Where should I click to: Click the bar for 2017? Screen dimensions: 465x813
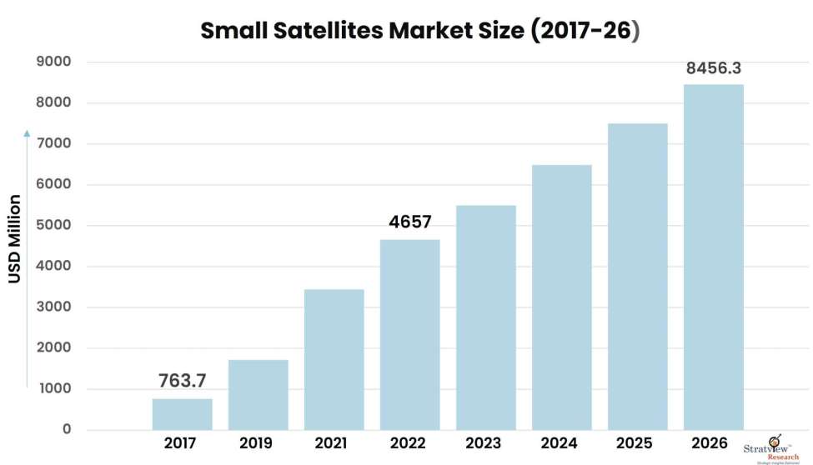pos(182,414)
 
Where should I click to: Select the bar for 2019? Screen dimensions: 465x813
pos(258,395)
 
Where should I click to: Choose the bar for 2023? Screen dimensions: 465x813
pos(485,317)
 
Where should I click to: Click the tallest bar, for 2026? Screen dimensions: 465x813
pos(713,257)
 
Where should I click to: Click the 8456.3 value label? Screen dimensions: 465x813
pos(714,68)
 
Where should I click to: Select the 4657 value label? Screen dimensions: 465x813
pos(409,222)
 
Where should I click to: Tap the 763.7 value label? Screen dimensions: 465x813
pos(182,382)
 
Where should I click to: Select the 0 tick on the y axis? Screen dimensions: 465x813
pos(67,430)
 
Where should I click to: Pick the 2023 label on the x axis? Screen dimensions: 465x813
pos(485,443)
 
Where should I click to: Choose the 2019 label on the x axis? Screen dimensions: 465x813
pos(258,443)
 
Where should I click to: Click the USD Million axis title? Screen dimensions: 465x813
pos(15,238)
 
